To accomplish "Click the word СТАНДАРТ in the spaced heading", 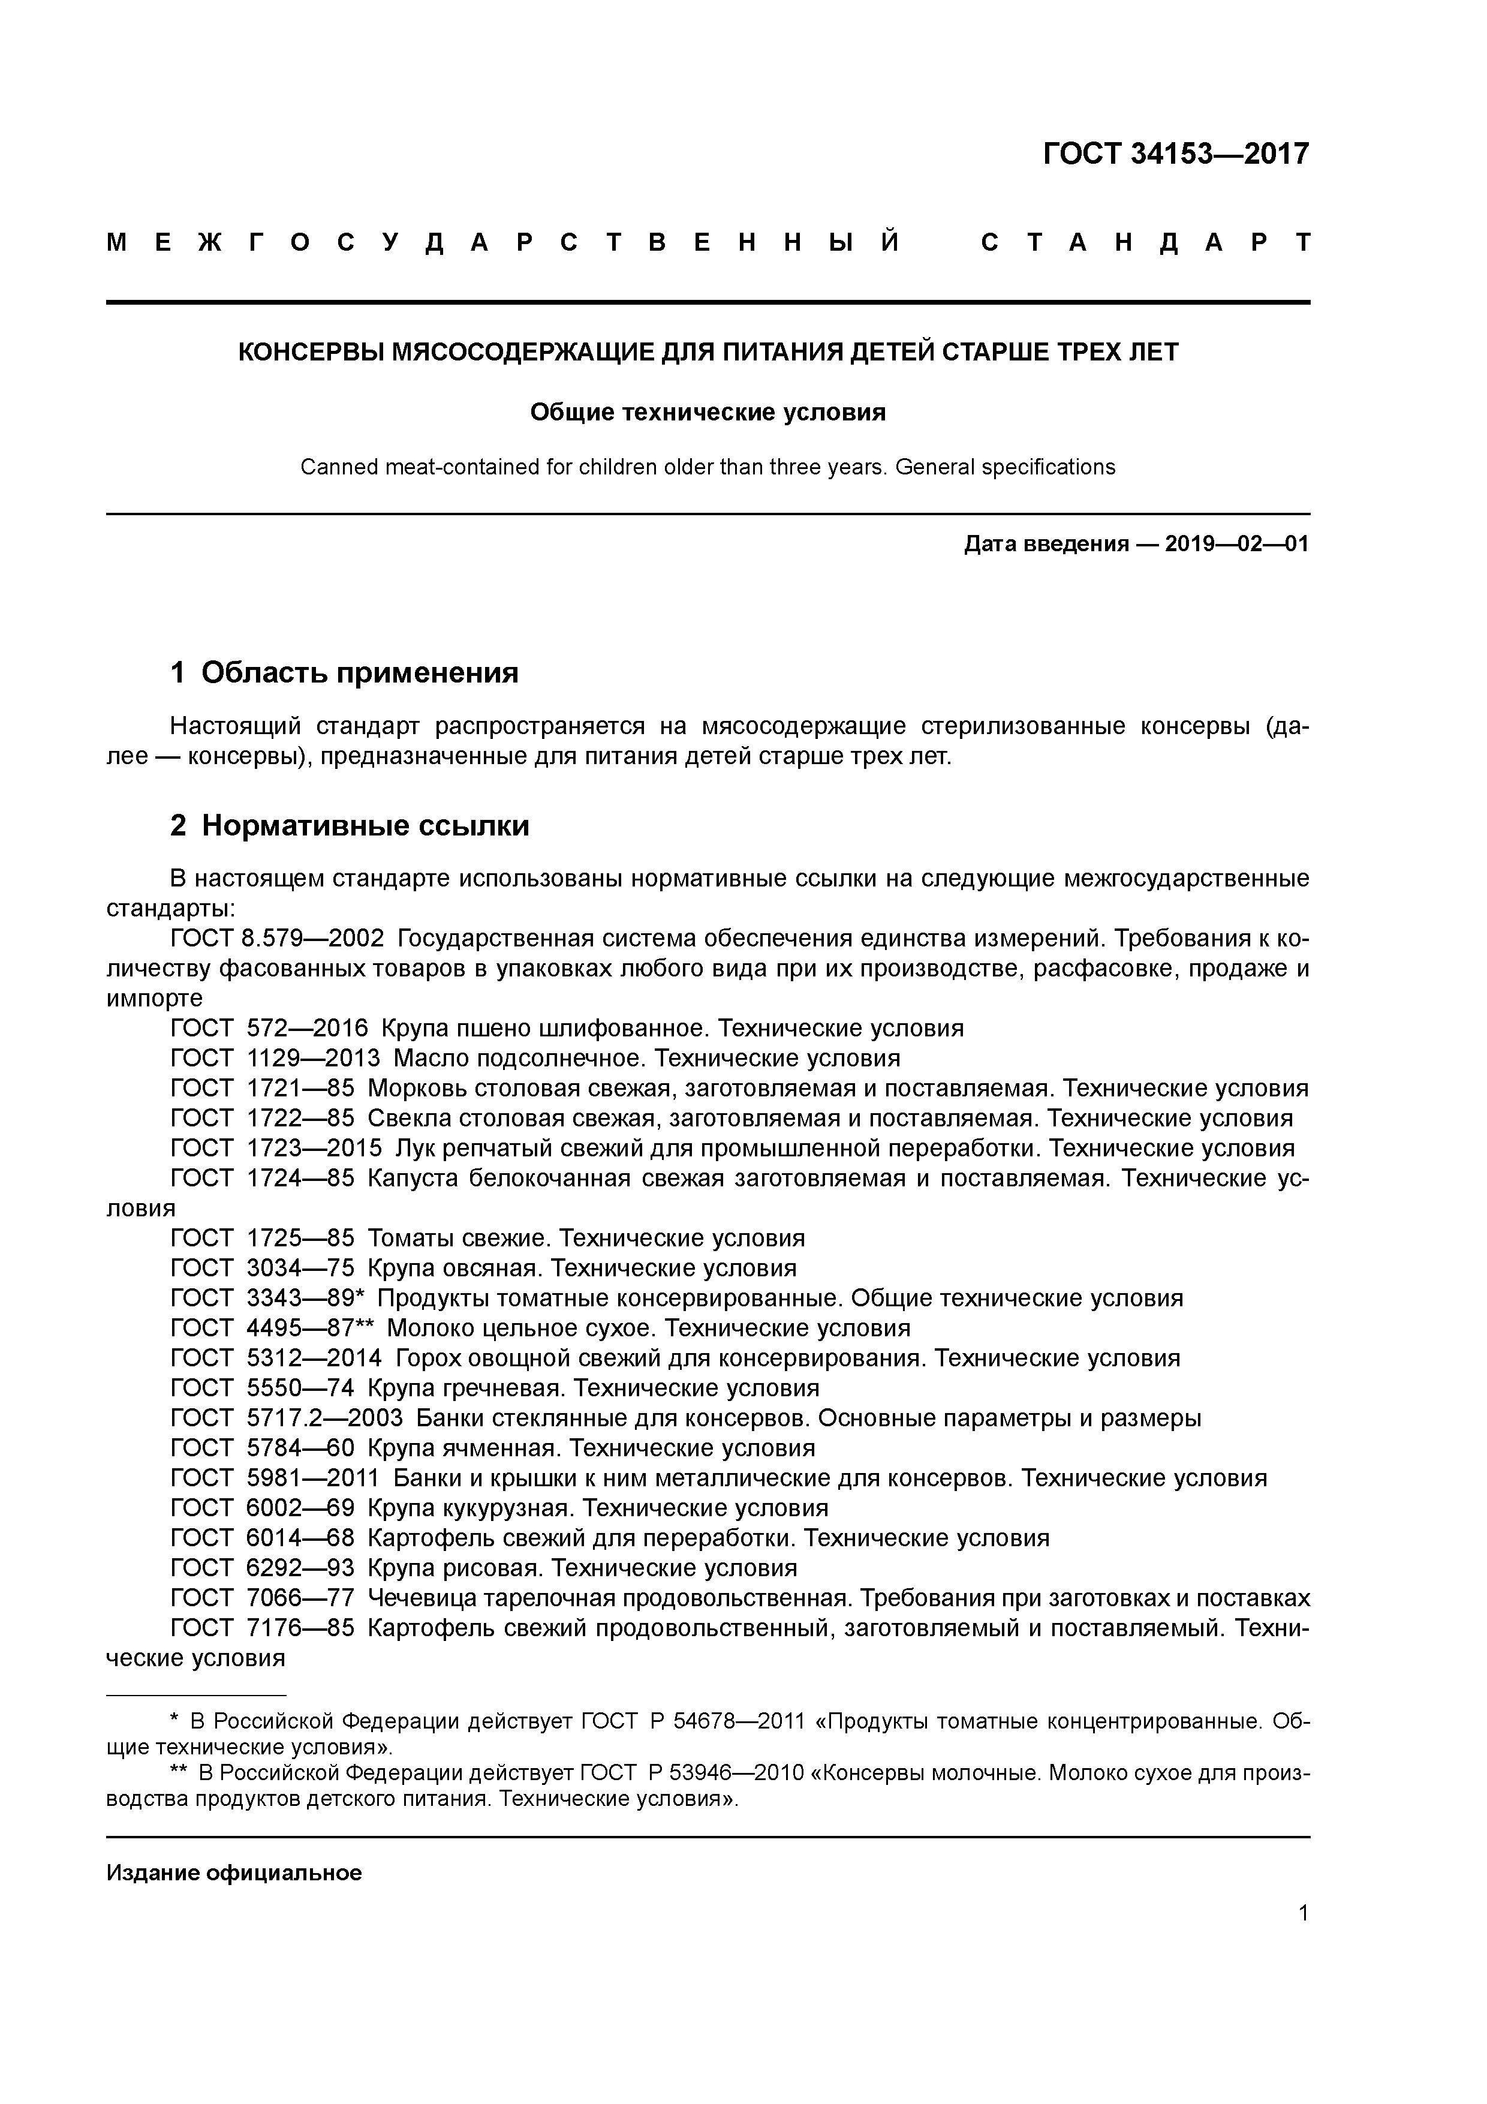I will coord(1145,243).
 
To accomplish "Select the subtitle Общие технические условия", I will coord(708,413).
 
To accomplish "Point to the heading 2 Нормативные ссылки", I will coord(350,826).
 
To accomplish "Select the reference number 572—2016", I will coord(307,1028).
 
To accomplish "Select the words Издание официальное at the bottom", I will coord(234,1873).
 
